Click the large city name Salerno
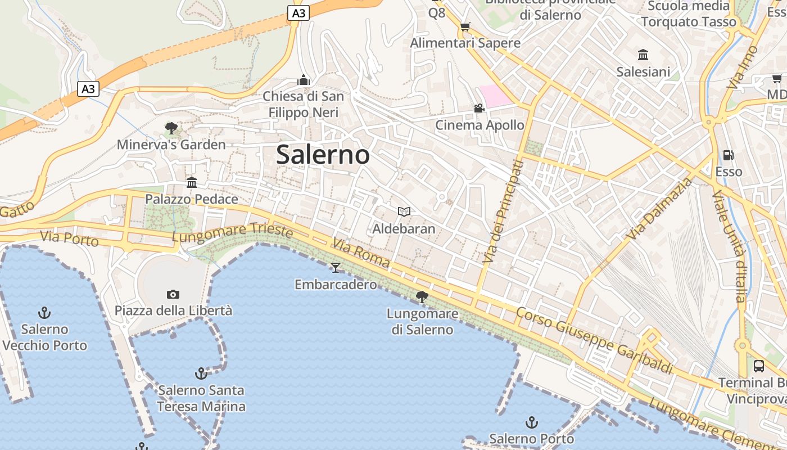(323, 155)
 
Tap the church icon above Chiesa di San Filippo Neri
(304, 80)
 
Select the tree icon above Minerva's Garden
(171, 128)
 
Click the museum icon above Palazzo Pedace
(192, 182)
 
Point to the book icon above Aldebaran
(404, 211)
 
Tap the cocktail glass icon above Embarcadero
(336, 267)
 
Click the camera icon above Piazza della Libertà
(173, 294)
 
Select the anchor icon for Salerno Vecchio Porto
(44, 313)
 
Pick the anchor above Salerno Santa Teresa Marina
(201, 373)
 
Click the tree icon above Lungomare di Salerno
(422, 296)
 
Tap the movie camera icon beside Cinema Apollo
(479, 108)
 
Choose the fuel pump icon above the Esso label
(729, 155)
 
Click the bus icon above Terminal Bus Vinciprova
(759, 366)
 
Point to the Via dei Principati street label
(503, 212)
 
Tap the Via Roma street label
(360, 253)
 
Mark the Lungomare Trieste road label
(232, 233)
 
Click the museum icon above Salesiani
(643, 55)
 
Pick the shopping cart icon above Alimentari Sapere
(465, 26)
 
